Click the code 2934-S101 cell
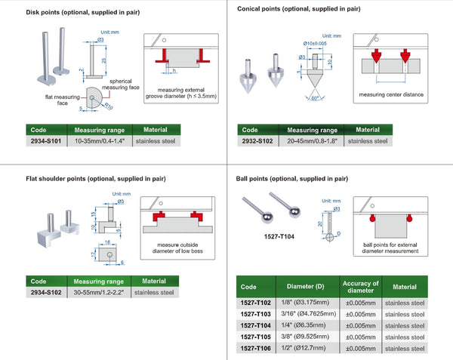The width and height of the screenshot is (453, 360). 45,140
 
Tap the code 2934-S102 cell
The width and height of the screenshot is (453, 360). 45,291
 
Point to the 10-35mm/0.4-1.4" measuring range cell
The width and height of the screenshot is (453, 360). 100,140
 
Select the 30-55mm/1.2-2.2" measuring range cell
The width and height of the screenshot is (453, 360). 100,291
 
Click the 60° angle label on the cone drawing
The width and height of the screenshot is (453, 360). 313,98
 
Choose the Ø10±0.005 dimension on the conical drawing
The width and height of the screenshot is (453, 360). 316,44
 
